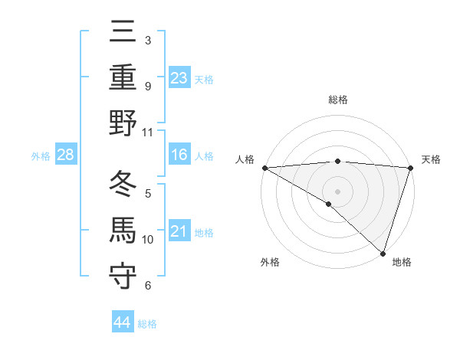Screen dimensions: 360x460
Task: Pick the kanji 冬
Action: (x=123, y=184)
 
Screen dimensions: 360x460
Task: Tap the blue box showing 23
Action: (x=179, y=77)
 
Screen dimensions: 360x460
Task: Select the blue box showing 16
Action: (x=179, y=155)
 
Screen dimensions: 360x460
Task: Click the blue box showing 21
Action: (x=179, y=231)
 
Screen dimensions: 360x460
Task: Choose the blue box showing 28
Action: (x=65, y=155)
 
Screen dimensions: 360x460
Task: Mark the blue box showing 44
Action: (x=122, y=322)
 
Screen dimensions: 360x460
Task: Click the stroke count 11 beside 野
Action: (x=148, y=132)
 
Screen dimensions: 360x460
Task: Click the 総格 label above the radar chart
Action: (x=337, y=100)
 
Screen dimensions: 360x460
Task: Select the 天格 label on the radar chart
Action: (x=431, y=159)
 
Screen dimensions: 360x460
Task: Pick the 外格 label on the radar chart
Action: (x=270, y=263)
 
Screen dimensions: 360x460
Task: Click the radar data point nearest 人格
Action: (x=264, y=168)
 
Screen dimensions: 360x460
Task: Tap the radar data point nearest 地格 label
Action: (x=383, y=253)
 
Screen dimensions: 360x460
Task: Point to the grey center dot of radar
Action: (x=337, y=191)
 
